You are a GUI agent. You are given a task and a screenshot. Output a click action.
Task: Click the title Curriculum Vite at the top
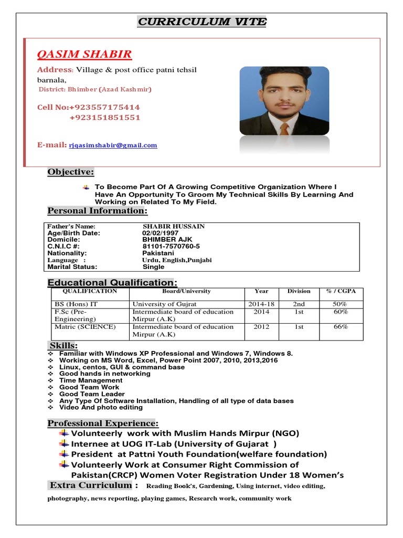pyautogui.click(x=202, y=22)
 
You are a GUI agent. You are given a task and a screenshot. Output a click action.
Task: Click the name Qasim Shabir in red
pyautogui.click(x=84, y=55)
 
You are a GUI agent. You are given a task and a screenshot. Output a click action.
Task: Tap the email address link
pyautogui.click(x=113, y=146)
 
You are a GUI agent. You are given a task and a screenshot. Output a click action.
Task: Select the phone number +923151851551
pyautogui.click(x=105, y=118)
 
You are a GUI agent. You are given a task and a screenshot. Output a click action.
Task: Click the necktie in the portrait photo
pyautogui.click(x=284, y=129)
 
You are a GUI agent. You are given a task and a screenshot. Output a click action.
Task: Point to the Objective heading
pyautogui.click(x=71, y=172)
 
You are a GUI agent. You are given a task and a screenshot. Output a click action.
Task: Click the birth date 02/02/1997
pyautogui.click(x=160, y=233)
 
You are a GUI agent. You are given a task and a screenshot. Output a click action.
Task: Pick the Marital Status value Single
pyautogui.click(x=153, y=266)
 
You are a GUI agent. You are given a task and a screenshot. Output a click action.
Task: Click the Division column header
pyautogui.click(x=299, y=291)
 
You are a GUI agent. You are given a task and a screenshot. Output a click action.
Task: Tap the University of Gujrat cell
pyautogui.click(x=164, y=304)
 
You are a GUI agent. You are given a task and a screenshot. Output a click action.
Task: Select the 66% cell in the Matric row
pyautogui.click(x=341, y=327)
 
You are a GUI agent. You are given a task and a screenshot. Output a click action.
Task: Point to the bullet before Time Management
pyautogui.click(x=50, y=380)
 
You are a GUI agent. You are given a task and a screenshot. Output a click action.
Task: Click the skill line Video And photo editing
pyautogui.click(x=101, y=407)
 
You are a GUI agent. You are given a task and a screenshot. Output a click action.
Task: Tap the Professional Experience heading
pyautogui.click(x=103, y=423)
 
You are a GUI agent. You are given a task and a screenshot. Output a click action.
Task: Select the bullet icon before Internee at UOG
pyautogui.click(x=64, y=443)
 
